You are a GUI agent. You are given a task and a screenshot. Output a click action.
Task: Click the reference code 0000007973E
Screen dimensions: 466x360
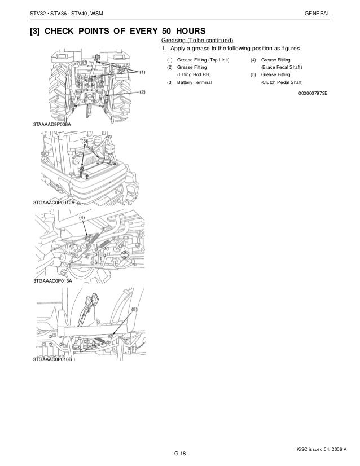click(x=312, y=94)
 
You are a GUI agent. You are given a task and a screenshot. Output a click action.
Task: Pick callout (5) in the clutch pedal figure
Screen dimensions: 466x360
click(x=134, y=310)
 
